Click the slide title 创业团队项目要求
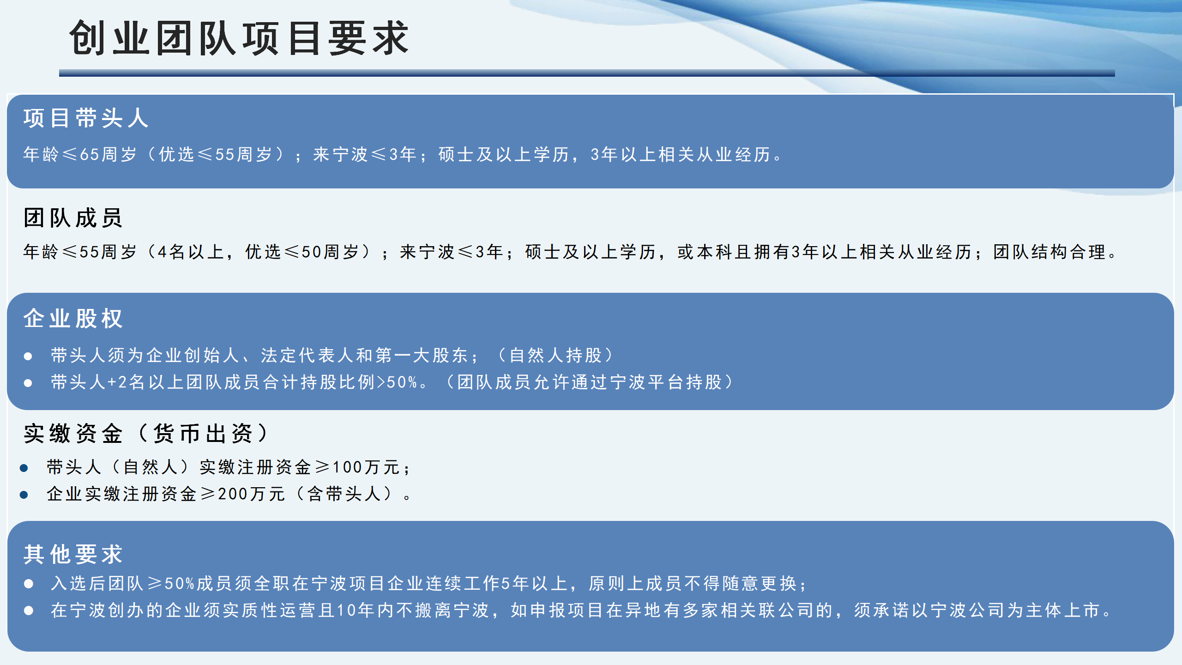point(239,38)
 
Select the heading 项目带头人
point(86,118)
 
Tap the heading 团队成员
point(73,218)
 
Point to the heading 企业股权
point(73,319)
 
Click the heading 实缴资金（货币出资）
point(146,434)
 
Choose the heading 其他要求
point(73,554)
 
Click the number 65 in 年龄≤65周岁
point(90,154)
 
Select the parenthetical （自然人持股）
point(556,356)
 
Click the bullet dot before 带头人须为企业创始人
point(28,356)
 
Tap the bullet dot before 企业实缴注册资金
point(24,495)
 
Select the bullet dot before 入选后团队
point(29,584)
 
